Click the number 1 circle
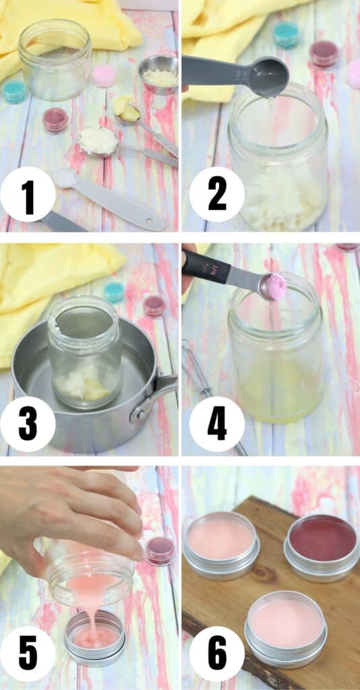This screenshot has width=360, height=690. [x=28, y=195]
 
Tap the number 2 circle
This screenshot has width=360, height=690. [x=217, y=195]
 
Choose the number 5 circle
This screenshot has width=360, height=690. [x=28, y=654]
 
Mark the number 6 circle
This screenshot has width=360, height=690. [x=217, y=654]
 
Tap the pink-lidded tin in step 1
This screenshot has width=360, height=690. [x=103, y=75]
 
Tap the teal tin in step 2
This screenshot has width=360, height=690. [x=286, y=34]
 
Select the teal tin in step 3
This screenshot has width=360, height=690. [x=114, y=292]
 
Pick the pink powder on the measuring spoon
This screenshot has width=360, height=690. [x=276, y=287]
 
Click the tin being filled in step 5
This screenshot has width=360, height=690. [x=94, y=637]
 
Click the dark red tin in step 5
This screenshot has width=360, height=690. [x=159, y=551]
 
